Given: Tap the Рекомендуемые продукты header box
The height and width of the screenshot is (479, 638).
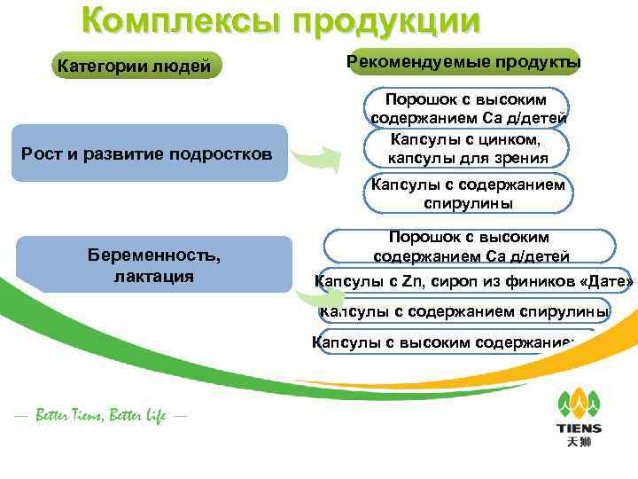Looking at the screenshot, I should click(464, 62).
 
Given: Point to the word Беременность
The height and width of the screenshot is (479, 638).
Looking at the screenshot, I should click(154, 255).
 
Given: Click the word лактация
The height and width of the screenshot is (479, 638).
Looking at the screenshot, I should click(154, 276).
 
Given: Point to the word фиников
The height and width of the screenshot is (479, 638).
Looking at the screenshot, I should click(540, 283).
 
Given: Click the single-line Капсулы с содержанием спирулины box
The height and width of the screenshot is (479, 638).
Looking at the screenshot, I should click(464, 311).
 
